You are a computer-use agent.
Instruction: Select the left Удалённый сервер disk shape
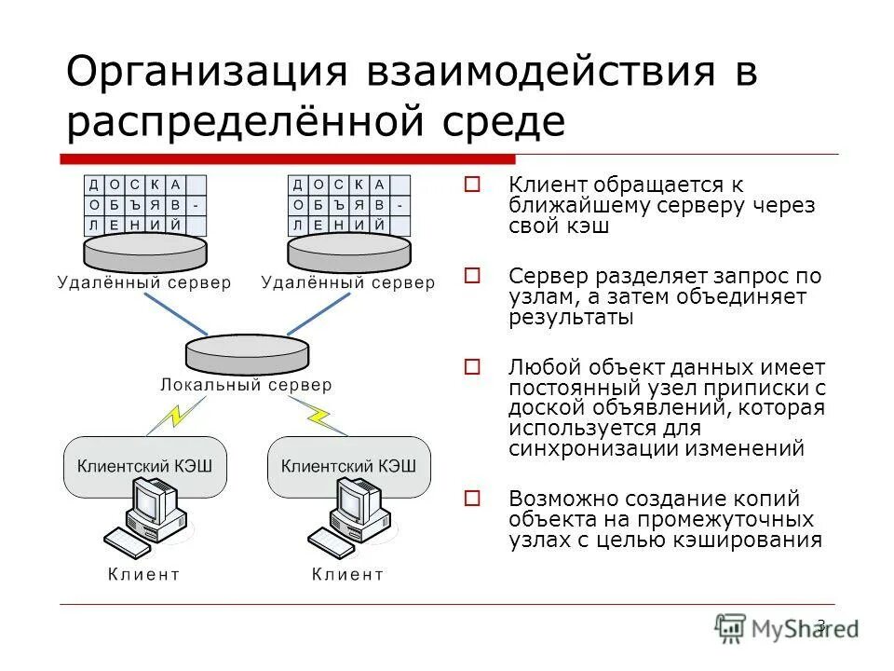pos(144,250)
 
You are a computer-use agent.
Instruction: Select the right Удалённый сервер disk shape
pos(348,250)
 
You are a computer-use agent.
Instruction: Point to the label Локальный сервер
pos(246,384)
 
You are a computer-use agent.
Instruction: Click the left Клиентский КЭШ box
pos(144,465)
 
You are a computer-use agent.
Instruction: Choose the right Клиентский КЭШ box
pos(349,465)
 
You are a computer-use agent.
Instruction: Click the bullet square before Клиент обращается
pos(472,185)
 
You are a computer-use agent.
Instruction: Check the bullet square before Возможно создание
pos(472,499)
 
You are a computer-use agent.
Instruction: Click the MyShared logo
pos(787,626)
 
